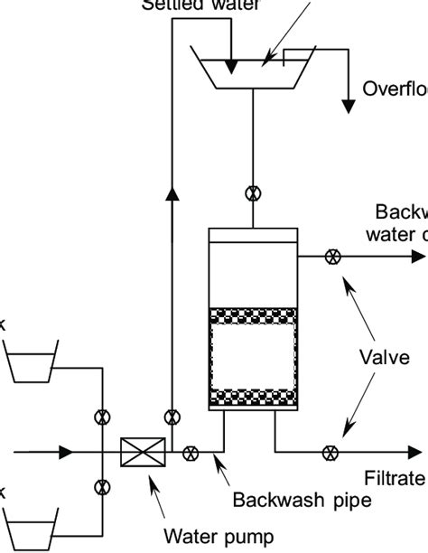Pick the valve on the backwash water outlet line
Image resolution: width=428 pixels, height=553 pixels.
point(332,257)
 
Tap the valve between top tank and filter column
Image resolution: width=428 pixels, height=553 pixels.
point(254,192)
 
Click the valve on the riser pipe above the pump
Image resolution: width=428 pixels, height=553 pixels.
point(172,417)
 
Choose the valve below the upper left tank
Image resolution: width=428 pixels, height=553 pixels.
point(101,417)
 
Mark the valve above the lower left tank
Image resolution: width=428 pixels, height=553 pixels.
point(101,486)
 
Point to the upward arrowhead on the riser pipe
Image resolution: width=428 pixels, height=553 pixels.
point(172,193)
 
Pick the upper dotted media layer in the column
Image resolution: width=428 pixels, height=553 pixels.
point(253,316)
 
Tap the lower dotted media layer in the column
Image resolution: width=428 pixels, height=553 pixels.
point(253,396)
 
